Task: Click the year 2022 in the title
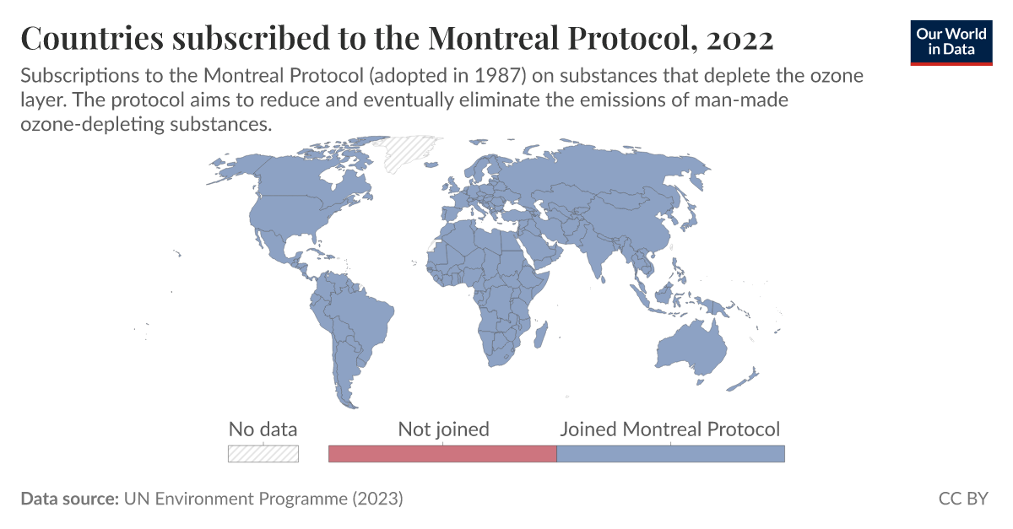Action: click(740, 38)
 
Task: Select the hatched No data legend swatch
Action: click(263, 453)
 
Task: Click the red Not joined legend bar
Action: click(442, 453)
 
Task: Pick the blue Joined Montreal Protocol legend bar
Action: click(671, 453)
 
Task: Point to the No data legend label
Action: click(263, 429)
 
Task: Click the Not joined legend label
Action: click(443, 429)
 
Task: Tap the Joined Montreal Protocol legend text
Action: click(670, 429)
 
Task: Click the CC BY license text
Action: click(962, 499)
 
